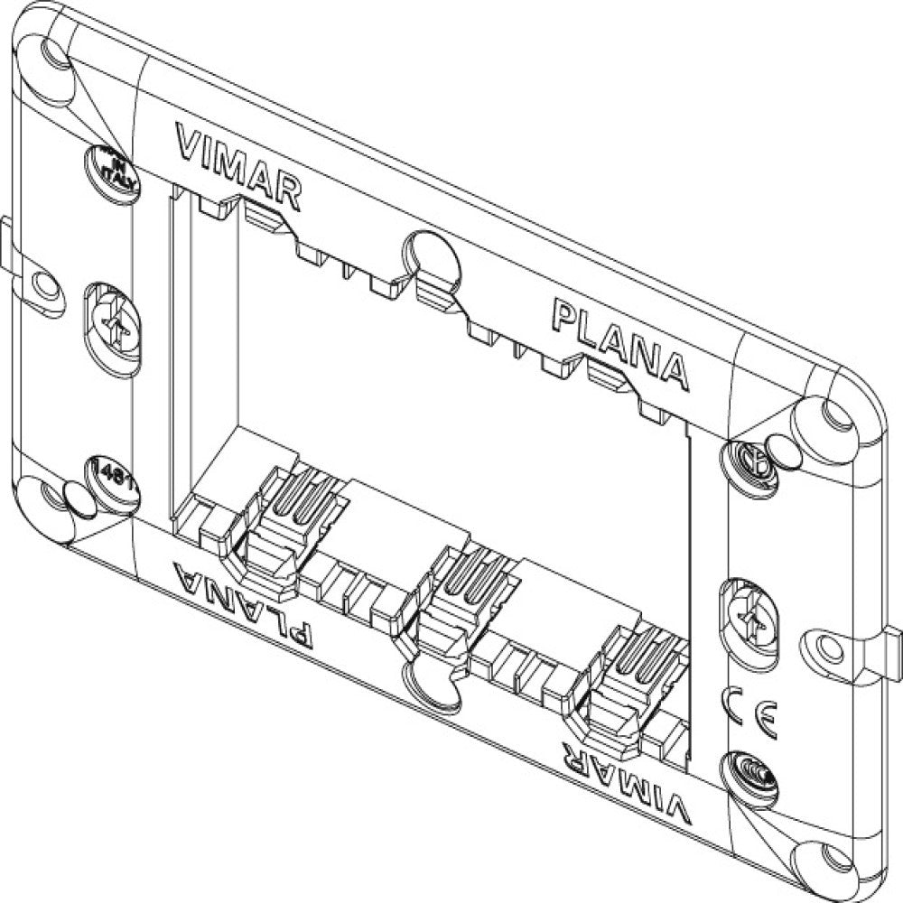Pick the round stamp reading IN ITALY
click(x=113, y=169)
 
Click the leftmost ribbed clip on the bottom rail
click(x=282, y=531)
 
